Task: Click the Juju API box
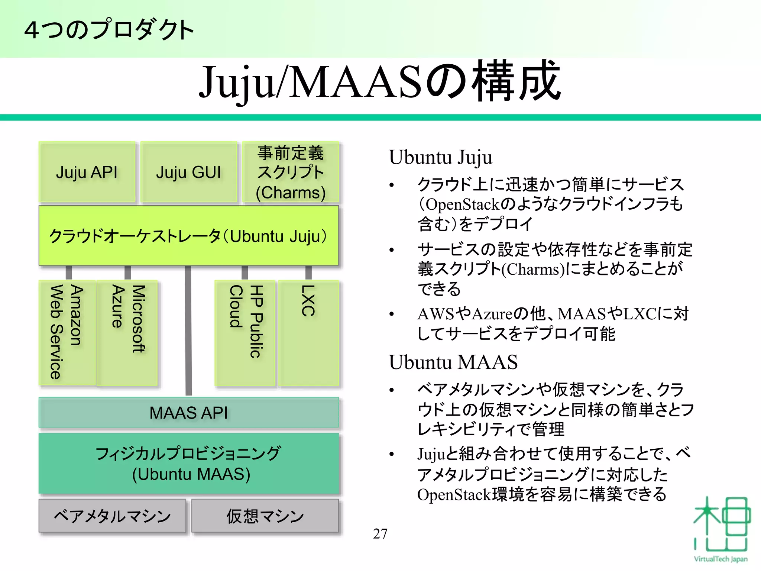tap(87, 172)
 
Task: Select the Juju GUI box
tap(189, 172)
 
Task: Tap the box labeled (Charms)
tap(291, 172)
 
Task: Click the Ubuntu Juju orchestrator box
tap(189, 236)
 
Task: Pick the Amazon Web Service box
tap(67, 332)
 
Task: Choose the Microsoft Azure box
tap(127, 332)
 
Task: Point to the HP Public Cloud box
tap(245, 332)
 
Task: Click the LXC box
tap(309, 332)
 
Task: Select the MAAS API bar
tap(189, 413)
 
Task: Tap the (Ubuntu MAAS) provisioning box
tap(189, 463)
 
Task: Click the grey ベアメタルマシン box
tap(112, 516)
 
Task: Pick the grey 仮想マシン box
tap(265, 516)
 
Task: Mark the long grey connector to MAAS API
tap(188, 331)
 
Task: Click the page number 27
tap(380, 534)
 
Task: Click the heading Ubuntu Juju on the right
tap(441, 157)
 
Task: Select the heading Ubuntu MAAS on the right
tap(453, 362)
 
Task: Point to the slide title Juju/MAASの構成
tap(380, 82)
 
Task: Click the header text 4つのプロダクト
tap(109, 30)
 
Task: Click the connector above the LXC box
tap(308, 272)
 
